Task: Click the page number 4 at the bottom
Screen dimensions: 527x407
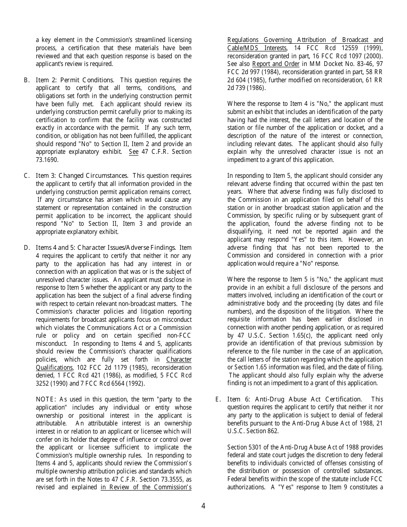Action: click(203, 506)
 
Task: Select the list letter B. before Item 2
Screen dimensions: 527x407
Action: click(27, 80)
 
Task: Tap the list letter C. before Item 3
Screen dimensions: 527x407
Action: click(27, 176)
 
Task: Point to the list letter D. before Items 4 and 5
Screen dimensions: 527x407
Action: click(27, 248)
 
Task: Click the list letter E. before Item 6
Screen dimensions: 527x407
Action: click(218, 399)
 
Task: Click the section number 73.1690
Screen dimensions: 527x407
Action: click(47, 160)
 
